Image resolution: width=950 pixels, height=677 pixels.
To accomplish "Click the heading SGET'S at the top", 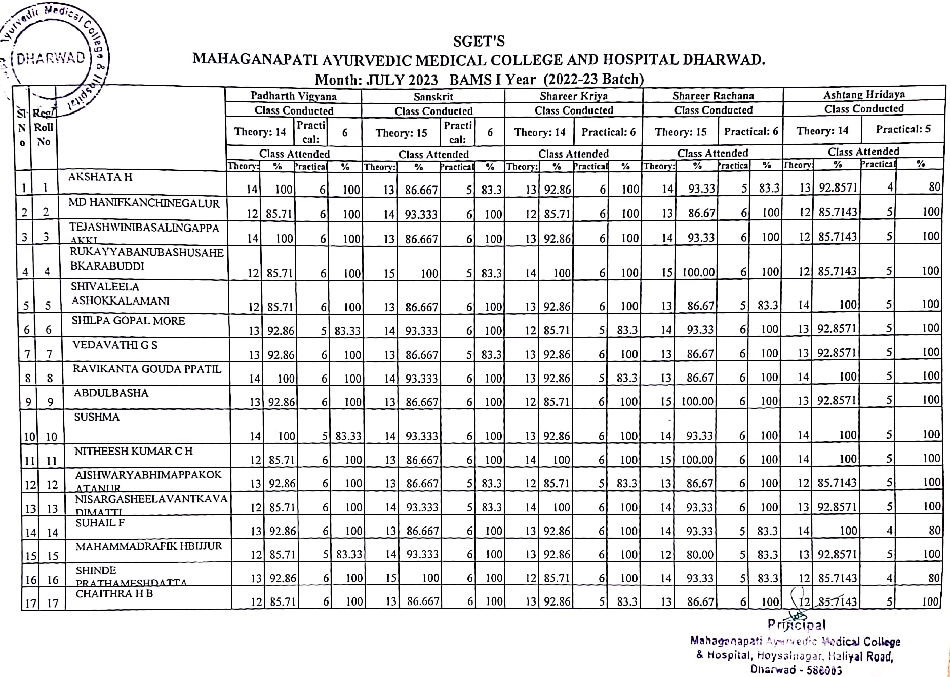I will (479, 41).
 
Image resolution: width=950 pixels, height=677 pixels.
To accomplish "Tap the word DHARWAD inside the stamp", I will (51, 58).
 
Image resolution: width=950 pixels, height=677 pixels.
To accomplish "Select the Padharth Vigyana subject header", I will (293, 96).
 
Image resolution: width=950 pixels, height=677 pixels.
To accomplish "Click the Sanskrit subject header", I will (433, 97).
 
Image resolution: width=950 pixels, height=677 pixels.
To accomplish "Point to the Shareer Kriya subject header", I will (573, 96).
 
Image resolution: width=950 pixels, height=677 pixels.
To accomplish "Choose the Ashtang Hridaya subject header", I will (864, 94).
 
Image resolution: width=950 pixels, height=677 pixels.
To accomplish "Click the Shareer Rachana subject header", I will (713, 96).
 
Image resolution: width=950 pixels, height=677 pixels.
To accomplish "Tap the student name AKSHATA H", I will (100, 177).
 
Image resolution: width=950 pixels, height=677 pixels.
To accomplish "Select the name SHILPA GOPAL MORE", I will (128, 321).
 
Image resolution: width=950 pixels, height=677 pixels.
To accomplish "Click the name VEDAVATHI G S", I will (115, 345).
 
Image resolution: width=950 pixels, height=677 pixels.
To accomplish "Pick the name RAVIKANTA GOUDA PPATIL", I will (147, 369).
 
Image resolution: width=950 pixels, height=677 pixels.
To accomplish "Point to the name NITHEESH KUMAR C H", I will (133, 451).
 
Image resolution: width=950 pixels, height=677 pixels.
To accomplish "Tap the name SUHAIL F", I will (100, 523).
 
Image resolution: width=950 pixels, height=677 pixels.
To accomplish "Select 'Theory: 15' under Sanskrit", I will (401, 133).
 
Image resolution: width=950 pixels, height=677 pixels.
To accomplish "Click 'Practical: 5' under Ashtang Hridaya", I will (903, 129).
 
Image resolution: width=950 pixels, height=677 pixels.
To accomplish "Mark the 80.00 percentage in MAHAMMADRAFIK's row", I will (700, 555).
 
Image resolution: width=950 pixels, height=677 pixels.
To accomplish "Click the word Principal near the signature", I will (797, 625).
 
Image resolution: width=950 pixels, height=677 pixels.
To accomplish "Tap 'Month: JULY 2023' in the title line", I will (376, 80).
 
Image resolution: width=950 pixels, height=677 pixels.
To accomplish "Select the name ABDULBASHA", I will (111, 393).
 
